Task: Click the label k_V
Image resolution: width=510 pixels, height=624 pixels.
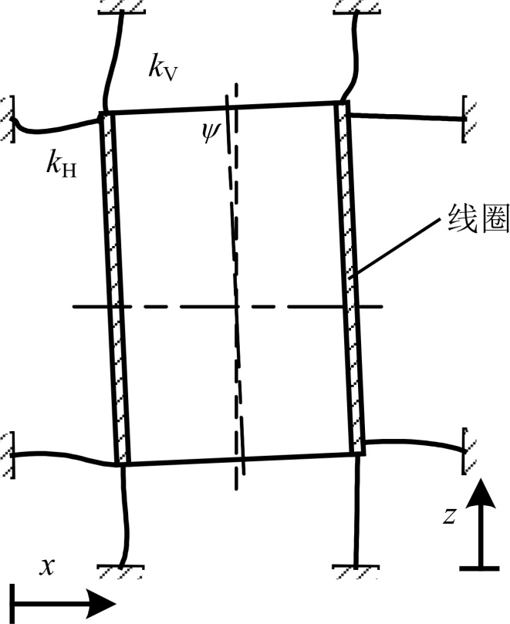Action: pos(164,69)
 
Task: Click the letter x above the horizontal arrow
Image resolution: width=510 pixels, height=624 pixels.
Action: pos(48,567)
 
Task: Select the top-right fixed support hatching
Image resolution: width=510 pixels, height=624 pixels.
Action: pos(356,6)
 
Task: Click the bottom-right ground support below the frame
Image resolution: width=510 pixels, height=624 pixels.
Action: pos(356,571)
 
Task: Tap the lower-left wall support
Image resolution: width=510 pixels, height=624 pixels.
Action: pos(6,452)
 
